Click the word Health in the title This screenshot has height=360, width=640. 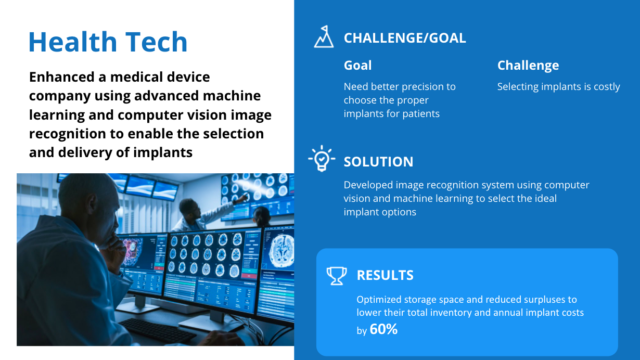(x=73, y=42)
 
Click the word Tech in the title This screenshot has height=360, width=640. (x=156, y=42)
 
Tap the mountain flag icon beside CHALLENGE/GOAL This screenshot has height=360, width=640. (x=324, y=36)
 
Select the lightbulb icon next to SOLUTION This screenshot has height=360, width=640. (x=322, y=158)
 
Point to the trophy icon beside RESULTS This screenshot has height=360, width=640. (x=337, y=276)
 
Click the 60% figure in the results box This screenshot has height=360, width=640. (x=383, y=329)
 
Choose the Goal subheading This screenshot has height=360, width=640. (x=357, y=66)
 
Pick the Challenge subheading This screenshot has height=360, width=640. (x=528, y=66)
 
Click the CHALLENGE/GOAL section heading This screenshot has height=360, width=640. (x=405, y=38)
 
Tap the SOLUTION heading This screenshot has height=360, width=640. (x=379, y=162)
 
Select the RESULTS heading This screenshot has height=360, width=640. (x=385, y=275)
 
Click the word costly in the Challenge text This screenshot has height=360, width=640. (x=607, y=87)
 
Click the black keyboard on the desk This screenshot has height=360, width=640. (x=157, y=331)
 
